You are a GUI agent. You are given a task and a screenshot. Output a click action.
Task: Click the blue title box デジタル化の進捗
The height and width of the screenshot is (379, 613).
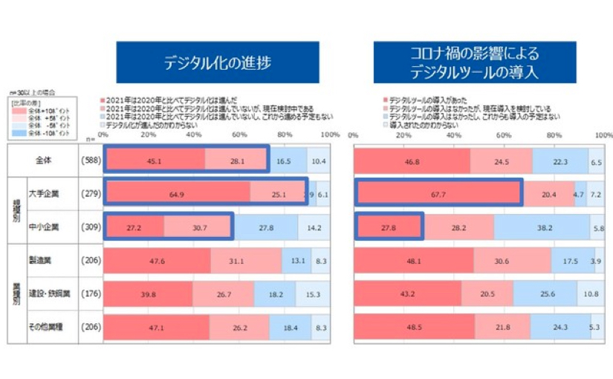[x=218, y=62]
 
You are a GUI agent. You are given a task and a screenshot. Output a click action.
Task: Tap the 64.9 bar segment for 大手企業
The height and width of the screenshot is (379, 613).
[x=177, y=193]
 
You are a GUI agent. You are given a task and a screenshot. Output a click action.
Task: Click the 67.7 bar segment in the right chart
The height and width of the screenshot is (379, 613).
[x=438, y=193]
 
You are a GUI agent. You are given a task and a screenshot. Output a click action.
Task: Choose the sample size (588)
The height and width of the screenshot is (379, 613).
[x=90, y=160]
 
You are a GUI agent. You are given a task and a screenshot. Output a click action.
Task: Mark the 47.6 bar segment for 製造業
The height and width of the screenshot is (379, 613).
[x=157, y=261]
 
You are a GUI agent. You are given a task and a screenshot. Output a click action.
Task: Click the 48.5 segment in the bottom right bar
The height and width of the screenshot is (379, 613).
[x=415, y=327]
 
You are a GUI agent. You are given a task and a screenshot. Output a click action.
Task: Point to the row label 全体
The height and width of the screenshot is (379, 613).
[x=46, y=160]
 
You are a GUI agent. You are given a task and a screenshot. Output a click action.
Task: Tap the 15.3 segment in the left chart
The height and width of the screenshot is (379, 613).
[x=313, y=294]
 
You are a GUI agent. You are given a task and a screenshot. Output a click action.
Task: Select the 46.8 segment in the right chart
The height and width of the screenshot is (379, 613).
[x=412, y=160]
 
